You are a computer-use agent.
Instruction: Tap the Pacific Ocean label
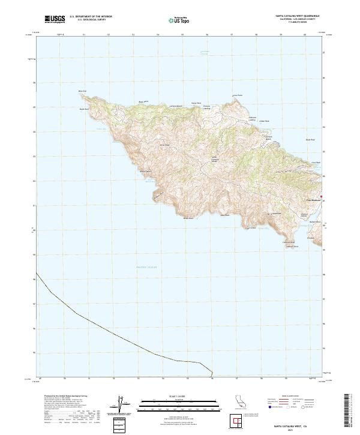click(146, 268)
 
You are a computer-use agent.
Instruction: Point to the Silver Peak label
click(164, 145)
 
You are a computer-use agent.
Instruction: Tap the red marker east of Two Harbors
click(322, 196)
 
